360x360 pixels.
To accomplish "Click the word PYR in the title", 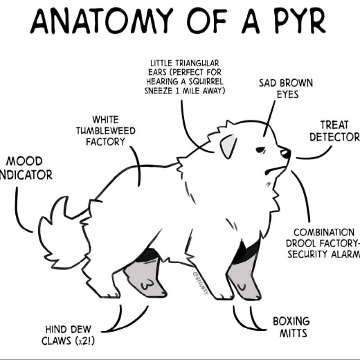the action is [299, 21].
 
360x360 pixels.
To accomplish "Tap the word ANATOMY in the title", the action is [102, 21].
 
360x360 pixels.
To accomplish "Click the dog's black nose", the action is [285, 153].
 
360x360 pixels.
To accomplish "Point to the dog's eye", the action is [261, 150].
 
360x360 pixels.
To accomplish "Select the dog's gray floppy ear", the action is [228, 147].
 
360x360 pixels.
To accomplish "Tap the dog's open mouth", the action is [276, 170].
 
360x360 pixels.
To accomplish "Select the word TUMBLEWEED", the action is [106, 131].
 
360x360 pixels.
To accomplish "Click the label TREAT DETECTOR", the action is [334, 131].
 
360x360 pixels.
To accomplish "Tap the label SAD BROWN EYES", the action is [286, 89].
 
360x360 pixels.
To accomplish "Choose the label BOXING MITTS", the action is [291, 327].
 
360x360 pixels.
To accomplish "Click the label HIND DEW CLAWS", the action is [69, 335].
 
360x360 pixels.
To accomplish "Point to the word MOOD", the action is [24, 161].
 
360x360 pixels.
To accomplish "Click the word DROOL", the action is [300, 243].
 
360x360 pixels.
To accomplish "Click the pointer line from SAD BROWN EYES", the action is [269, 118].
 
